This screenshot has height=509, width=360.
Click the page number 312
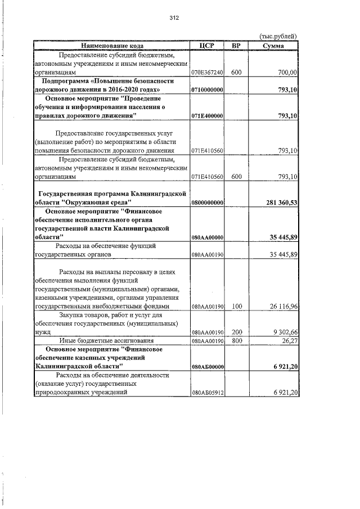174,18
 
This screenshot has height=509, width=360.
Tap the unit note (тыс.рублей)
277,37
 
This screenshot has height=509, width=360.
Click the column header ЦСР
208,45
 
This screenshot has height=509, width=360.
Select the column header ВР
236,45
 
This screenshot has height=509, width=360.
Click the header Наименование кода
112,45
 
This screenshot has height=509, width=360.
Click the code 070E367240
208,73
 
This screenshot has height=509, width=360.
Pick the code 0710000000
208,89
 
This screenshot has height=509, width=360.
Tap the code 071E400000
208,115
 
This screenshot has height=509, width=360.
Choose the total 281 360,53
277,202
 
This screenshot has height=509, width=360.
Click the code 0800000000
208,202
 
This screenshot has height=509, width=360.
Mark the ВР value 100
236,306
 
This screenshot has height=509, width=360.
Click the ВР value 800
236,340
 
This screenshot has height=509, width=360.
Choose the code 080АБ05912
208,393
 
